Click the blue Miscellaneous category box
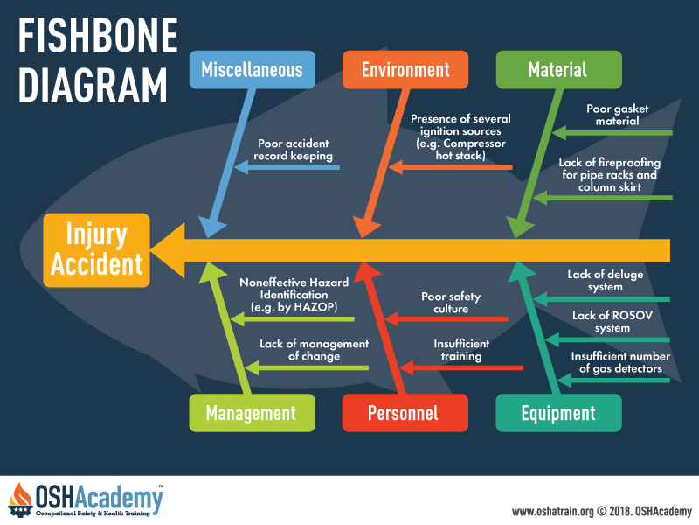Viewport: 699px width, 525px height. (253, 70)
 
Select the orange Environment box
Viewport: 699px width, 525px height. (405, 70)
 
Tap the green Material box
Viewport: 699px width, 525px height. (558, 70)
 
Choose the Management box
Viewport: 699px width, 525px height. (252, 413)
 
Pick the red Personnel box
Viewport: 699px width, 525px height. (405, 413)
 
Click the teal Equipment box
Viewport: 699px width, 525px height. (558, 413)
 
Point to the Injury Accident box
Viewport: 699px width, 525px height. (96, 250)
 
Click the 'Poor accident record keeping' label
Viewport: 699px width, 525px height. (294, 150)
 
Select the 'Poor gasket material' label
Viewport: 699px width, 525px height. (618, 115)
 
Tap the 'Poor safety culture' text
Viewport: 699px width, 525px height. (451, 303)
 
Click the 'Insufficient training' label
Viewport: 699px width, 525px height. (461, 350)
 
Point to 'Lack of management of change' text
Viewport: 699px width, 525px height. (315, 350)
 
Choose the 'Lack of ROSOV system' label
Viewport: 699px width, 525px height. (612, 322)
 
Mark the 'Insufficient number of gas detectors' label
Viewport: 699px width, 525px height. (620, 362)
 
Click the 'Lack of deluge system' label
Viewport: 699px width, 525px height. (606, 281)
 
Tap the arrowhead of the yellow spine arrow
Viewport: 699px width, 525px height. (168, 250)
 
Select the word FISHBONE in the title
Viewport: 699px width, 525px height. (98, 36)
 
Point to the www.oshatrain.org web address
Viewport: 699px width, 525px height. (553, 511)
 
